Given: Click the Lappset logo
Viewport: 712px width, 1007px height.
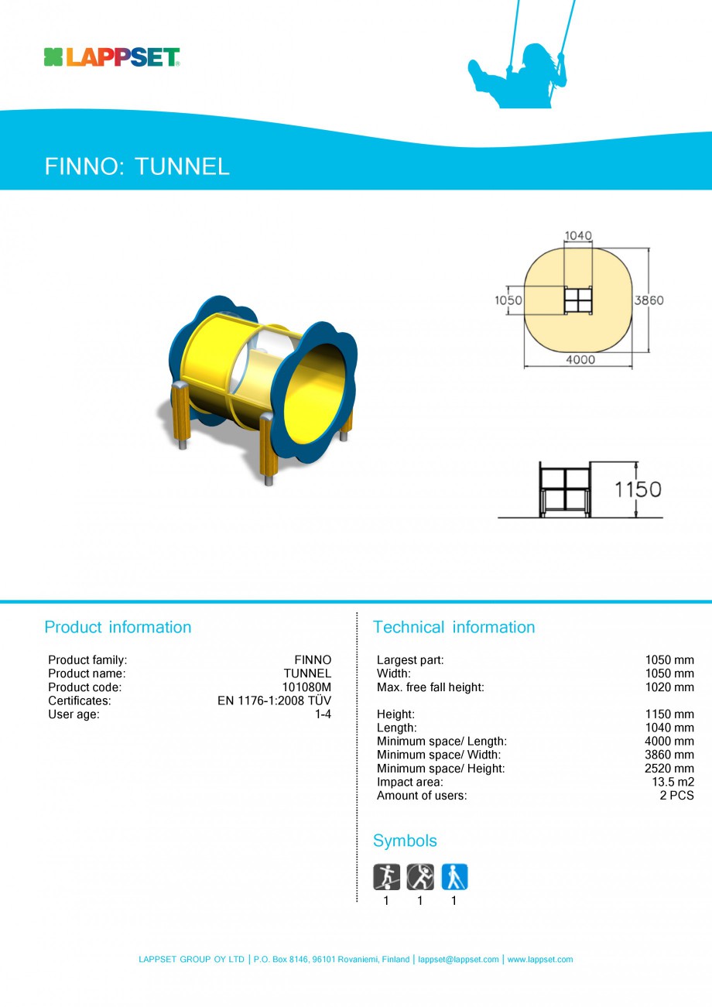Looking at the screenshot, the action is point(111,57).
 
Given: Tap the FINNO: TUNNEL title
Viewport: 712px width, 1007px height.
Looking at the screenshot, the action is point(137,166).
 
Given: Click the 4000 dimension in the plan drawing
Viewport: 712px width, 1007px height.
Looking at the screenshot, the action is point(580,360).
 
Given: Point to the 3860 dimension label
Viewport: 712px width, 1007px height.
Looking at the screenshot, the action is point(649,300).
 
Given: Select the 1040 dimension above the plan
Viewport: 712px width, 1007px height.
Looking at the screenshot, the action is point(578,236).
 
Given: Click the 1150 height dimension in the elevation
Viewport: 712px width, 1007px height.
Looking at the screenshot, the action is point(638,489).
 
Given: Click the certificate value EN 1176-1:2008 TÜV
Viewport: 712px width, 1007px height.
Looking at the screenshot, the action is point(274,700).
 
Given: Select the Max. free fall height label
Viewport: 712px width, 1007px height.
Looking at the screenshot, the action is point(430,687).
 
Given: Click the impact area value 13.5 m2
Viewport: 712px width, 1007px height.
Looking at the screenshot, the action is point(673,782).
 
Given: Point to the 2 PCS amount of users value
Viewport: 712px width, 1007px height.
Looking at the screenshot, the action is point(676,796).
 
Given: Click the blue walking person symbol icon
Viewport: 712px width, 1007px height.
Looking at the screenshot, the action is point(454,877).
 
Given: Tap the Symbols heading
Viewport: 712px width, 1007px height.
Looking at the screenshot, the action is point(405,841).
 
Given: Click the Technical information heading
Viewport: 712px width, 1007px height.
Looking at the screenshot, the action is point(454,627).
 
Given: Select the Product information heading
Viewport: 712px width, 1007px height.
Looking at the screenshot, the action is point(118,627).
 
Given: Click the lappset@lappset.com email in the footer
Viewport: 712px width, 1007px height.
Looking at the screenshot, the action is point(458,960).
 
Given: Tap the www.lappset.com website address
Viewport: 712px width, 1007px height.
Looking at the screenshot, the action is point(540,960).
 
